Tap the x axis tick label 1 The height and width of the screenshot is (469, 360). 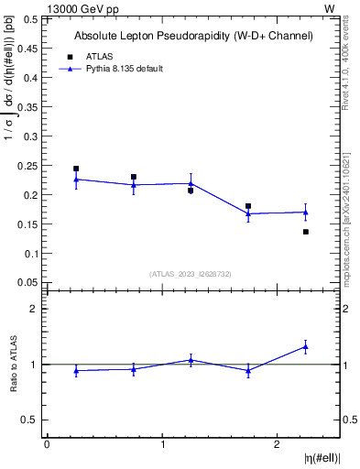(x=162, y=444)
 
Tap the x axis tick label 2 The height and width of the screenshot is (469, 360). (x=278, y=444)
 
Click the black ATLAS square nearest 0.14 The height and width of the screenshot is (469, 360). (x=306, y=232)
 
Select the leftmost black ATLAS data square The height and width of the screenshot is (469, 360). (x=76, y=169)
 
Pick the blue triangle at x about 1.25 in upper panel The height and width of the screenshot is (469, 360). (x=191, y=183)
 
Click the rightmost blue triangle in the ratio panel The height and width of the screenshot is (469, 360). (x=306, y=346)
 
